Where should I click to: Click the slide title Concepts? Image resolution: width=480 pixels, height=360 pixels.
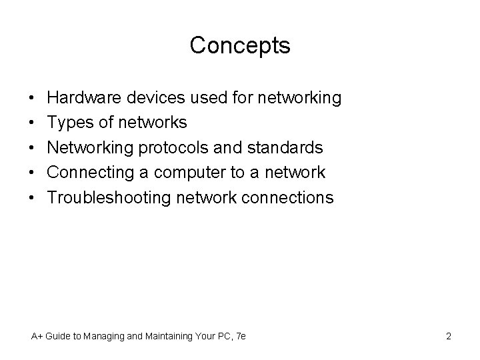point(240,46)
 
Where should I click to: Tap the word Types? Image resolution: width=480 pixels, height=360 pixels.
point(69,123)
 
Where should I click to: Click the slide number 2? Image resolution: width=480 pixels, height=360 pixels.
point(448,337)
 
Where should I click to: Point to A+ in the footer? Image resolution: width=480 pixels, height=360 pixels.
point(38,337)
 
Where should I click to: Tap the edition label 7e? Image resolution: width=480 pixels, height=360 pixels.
point(241,337)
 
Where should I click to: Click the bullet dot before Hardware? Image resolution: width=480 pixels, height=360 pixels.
point(33,99)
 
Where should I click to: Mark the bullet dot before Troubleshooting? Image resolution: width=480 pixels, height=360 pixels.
point(33,198)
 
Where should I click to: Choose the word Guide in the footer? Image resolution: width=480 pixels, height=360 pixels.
point(61,337)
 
